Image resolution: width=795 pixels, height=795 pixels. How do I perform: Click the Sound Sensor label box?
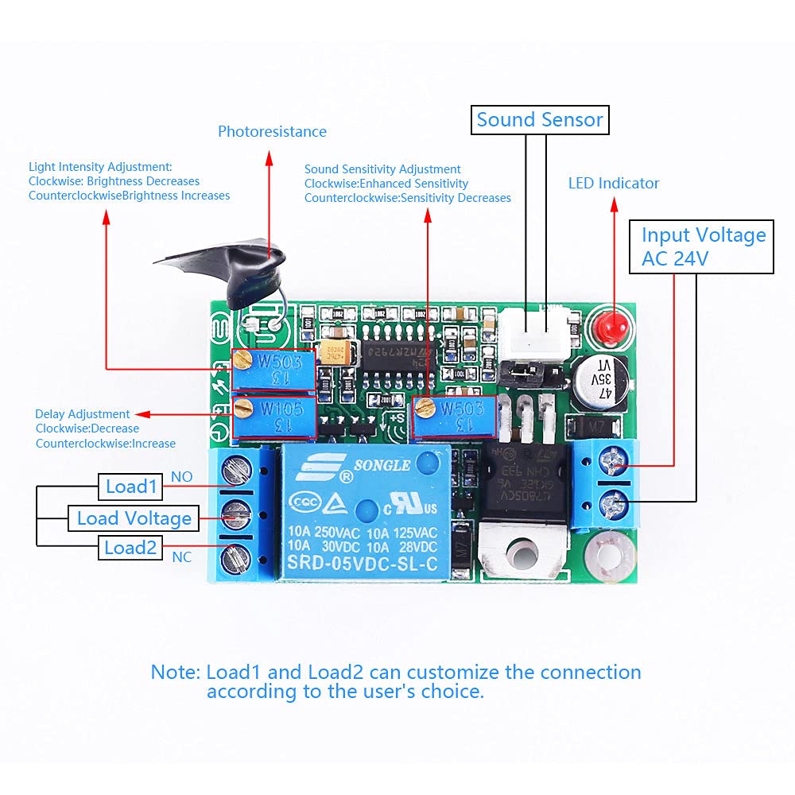(x=540, y=121)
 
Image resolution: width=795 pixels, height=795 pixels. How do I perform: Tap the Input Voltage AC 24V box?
(x=701, y=247)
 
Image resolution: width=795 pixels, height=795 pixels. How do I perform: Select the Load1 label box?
(x=131, y=487)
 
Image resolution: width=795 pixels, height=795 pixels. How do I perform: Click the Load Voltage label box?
(x=134, y=519)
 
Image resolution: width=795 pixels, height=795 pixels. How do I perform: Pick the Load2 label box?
(x=130, y=548)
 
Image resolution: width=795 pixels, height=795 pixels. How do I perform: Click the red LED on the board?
(x=613, y=324)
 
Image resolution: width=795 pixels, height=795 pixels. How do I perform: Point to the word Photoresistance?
(x=272, y=132)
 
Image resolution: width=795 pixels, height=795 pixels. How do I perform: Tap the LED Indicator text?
(x=614, y=184)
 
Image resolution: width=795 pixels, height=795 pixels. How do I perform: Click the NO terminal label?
(x=182, y=476)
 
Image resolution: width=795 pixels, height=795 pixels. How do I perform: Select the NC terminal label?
(x=182, y=557)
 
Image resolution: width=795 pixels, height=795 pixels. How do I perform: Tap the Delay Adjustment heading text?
(x=83, y=414)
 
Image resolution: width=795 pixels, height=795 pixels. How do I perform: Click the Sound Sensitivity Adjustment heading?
(x=382, y=169)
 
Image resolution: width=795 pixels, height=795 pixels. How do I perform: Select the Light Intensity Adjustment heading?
(x=100, y=167)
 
